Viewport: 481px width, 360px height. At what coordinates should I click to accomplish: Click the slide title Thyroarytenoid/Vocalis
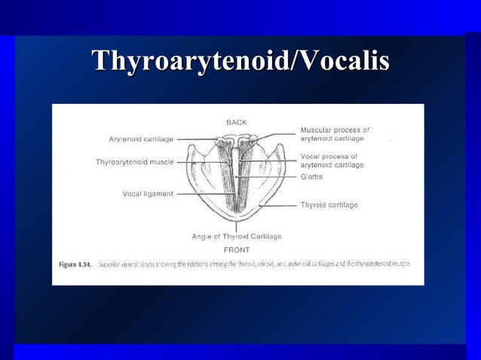240,61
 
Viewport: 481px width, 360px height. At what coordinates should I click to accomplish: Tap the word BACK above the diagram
237,121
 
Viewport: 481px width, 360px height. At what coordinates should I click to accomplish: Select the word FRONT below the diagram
237,249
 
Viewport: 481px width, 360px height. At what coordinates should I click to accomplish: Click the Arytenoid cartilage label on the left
142,139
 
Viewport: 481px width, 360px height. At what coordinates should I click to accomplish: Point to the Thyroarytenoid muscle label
135,162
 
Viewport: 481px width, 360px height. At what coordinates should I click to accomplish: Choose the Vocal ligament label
148,194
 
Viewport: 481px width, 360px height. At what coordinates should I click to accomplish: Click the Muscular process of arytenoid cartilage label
335,134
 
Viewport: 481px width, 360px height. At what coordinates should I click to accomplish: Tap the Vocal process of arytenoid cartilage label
332,160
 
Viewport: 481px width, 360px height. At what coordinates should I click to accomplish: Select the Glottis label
311,176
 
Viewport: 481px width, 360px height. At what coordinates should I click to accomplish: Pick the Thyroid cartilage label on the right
329,204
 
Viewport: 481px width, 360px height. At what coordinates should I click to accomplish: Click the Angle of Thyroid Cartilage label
237,236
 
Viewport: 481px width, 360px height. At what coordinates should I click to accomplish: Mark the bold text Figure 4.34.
75,264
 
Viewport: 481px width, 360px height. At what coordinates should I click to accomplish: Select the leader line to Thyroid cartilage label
280,204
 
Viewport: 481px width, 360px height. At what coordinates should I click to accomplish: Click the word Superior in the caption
111,264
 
